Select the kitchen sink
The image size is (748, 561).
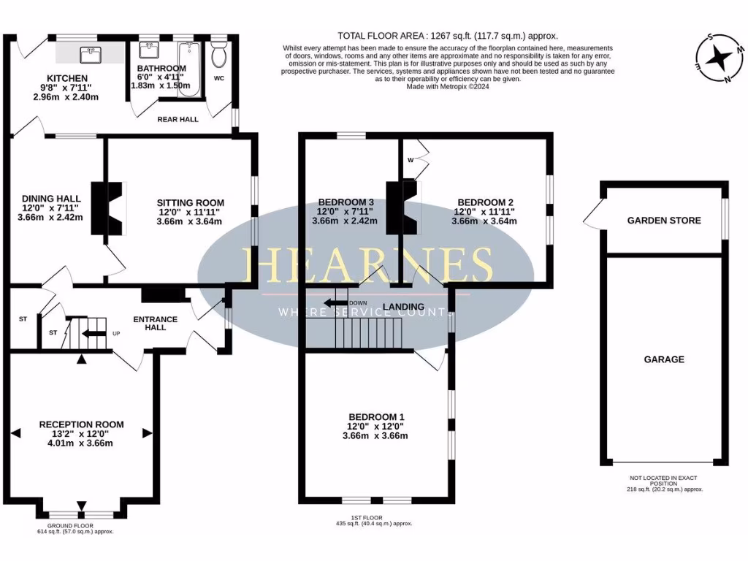click(x=93, y=53)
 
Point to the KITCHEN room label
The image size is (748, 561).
click(x=67, y=78)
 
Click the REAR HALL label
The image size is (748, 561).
click(x=178, y=119)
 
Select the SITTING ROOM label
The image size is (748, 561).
click(x=190, y=203)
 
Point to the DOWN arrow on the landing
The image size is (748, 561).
click(x=336, y=303)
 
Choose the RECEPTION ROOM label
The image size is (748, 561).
click(x=81, y=424)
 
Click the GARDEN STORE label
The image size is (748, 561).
click(x=664, y=221)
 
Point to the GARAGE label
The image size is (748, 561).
click(x=664, y=359)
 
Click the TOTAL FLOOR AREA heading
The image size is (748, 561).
click(x=448, y=35)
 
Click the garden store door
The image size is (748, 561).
click(x=593, y=217)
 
